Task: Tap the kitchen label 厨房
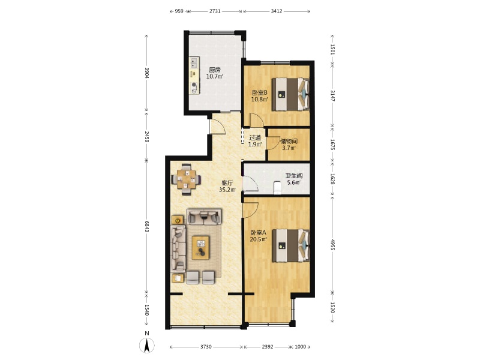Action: (x=215, y=70)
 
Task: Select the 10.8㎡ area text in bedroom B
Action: (x=260, y=99)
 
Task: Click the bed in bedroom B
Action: (x=290, y=94)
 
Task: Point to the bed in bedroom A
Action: (x=290, y=245)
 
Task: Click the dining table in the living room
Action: (x=186, y=179)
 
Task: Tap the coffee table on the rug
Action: (x=200, y=247)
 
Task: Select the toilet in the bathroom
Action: (x=277, y=188)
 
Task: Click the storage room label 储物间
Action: (x=289, y=142)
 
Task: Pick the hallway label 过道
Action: (x=254, y=138)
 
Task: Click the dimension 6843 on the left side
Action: (x=146, y=227)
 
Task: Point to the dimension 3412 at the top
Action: (x=277, y=11)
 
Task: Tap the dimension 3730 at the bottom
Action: (x=206, y=347)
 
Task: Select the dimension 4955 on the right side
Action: (x=333, y=244)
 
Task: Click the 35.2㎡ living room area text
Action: (x=227, y=190)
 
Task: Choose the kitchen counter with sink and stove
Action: (x=194, y=76)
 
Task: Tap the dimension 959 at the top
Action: (x=179, y=11)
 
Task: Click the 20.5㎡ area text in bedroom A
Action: (x=259, y=239)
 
